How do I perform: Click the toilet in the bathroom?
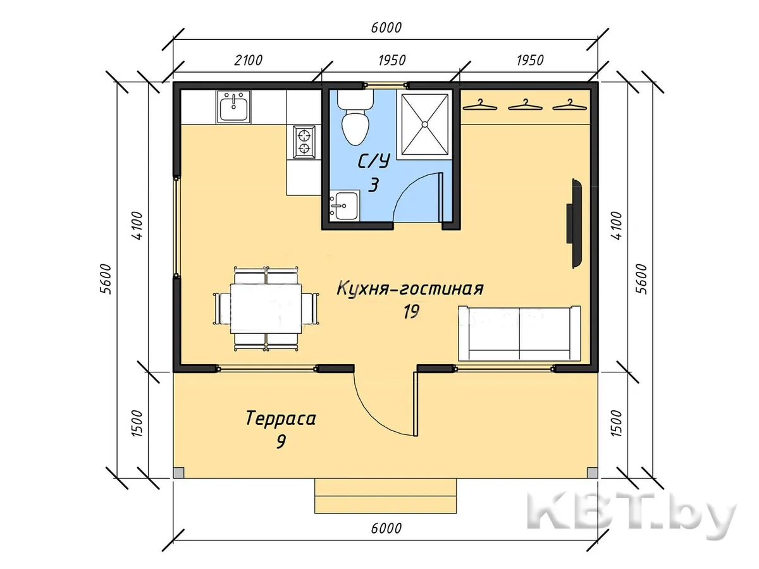(355, 118)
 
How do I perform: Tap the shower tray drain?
(424, 124)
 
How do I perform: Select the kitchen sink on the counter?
(233, 107)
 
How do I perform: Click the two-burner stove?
(304, 142)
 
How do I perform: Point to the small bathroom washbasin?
(343, 206)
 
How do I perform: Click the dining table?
(266, 309)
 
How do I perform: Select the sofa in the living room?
(519, 333)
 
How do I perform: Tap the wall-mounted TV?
(574, 223)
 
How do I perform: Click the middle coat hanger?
(525, 105)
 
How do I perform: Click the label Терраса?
(281, 419)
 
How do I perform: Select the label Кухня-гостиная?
(410, 289)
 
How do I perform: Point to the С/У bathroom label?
(374, 161)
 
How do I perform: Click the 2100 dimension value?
(249, 61)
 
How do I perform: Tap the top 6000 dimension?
(386, 28)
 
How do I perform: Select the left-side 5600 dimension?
(106, 279)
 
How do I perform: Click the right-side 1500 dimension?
(617, 423)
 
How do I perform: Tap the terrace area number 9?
(281, 442)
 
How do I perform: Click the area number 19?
(410, 312)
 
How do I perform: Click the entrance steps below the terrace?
(386, 496)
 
